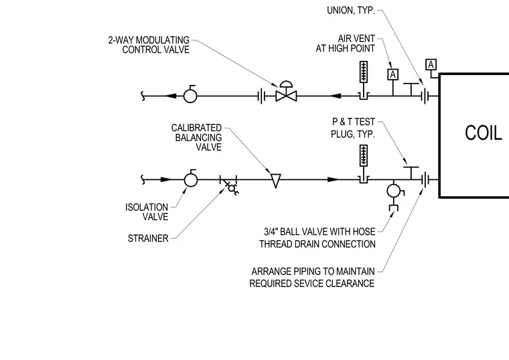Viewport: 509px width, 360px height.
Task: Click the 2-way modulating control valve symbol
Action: (x=286, y=92)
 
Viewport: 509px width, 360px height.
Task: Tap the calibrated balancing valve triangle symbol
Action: (x=276, y=181)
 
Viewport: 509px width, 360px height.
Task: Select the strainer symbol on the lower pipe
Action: (x=230, y=185)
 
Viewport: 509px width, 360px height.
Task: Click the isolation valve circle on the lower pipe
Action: (x=191, y=179)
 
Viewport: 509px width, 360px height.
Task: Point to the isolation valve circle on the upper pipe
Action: (x=190, y=95)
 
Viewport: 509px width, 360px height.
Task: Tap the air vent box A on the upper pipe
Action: (x=393, y=74)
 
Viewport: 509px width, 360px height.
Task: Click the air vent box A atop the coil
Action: (x=431, y=65)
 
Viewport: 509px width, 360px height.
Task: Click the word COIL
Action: (x=484, y=132)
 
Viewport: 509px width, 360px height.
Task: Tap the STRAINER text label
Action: (x=148, y=238)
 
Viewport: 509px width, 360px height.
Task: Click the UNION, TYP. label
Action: (x=351, y=11)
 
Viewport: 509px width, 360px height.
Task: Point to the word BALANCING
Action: (x=198, y=138)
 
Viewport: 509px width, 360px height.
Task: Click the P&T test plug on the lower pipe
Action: (x=411, y=173)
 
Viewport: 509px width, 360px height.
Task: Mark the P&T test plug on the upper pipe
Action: (x=411, y=90)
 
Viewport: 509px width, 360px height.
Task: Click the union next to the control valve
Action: (x=261, y=96)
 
